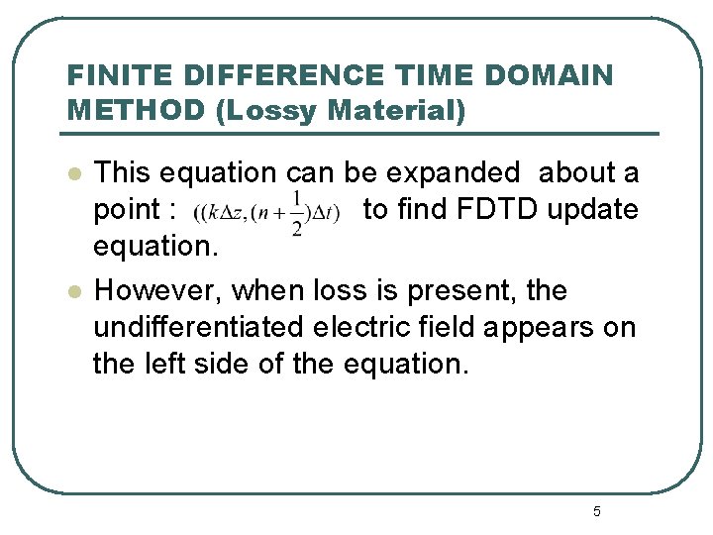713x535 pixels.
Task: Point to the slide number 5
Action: coord(596,512)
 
